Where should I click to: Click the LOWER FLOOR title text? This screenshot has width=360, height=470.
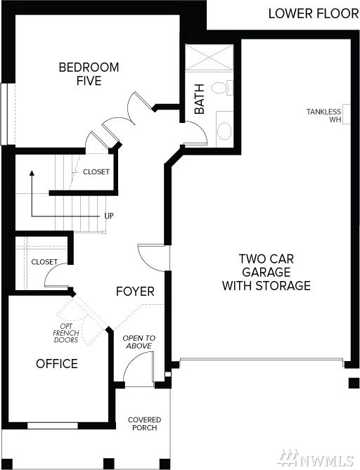point(313,13)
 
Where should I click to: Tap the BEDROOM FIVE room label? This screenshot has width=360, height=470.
point(89,74)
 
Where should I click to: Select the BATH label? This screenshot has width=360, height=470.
point(200,99)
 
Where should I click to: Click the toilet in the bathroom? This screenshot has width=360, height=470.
point(223,88)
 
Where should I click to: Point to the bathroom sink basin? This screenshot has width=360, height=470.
point(224,131)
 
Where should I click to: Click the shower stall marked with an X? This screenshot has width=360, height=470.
point(209,58)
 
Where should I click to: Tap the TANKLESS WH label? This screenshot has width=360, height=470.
point(323,115)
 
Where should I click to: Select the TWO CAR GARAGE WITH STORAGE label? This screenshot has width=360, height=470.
point(266,272)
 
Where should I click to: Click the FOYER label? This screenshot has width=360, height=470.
point(135,292)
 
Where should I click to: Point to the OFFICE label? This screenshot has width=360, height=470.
point(57,364)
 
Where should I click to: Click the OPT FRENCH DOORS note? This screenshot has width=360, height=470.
point(66,333)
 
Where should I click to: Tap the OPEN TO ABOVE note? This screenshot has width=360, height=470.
point(139,342)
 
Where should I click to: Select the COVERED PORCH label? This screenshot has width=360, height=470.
point(145,424)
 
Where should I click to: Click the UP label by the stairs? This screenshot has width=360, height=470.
point(109,216)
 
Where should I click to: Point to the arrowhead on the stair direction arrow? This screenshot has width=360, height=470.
point(32,173)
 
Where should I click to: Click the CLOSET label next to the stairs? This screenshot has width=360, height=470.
point(96,171)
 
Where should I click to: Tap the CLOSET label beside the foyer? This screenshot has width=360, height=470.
point(44,261)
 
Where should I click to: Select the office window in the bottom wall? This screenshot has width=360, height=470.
point(53,426)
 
